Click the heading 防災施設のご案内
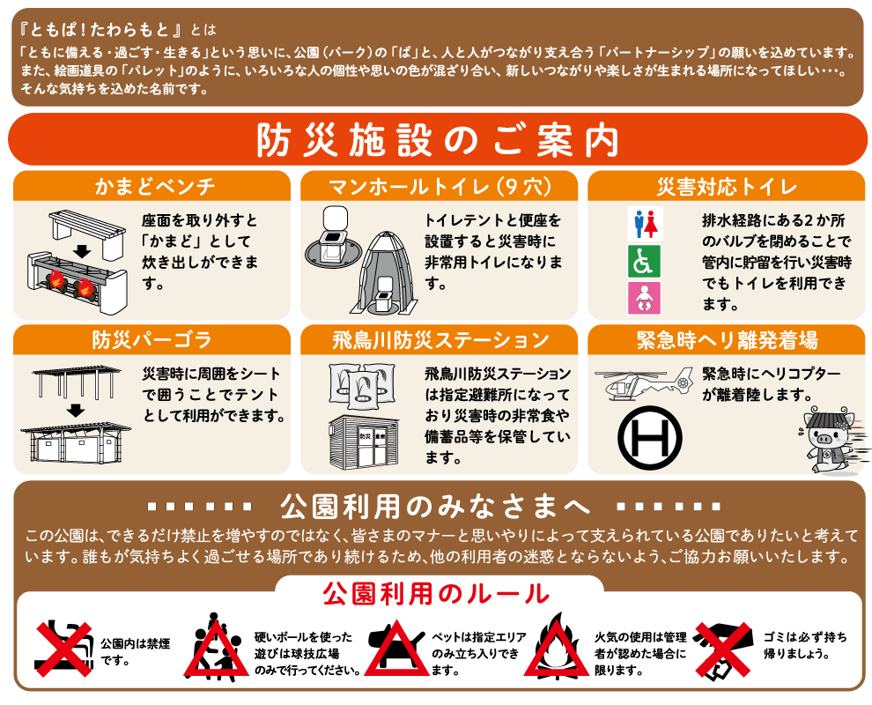(437, 140)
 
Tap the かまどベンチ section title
(151, 187)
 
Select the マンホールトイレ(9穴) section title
(439, 187)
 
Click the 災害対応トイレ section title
(726, 187)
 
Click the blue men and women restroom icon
(644, 224)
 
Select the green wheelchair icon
(644, 262)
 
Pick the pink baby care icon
(644, 299)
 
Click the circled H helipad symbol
(650, 434)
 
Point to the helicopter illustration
(646, 382)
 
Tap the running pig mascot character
(825, 438)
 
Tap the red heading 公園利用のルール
(437, 593)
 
